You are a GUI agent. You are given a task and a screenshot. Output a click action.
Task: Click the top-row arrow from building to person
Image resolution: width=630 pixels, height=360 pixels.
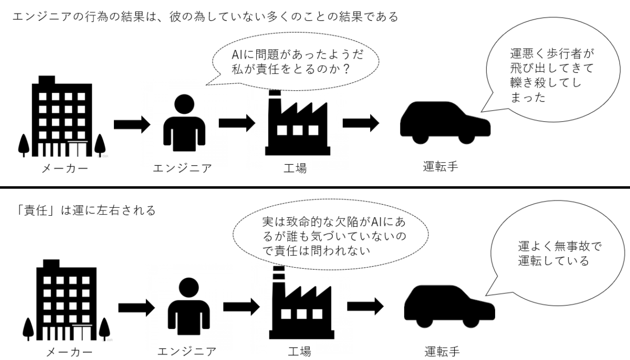click(132, 124)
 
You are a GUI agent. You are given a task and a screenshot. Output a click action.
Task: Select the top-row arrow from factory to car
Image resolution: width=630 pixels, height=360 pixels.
click(361, 124)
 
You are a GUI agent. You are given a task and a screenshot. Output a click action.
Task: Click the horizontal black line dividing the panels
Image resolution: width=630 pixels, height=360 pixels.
click(315, 187)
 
